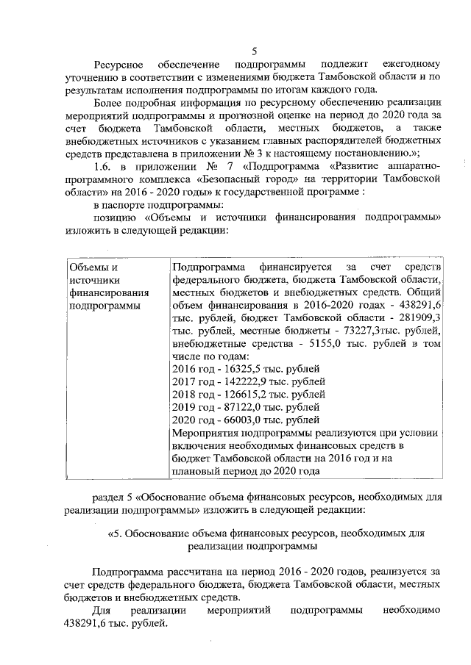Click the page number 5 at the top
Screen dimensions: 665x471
click(x=254, y=51)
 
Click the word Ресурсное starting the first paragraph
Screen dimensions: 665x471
click(x=118, y=65)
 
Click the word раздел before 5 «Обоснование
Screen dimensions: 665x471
click(x=116, y=495)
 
